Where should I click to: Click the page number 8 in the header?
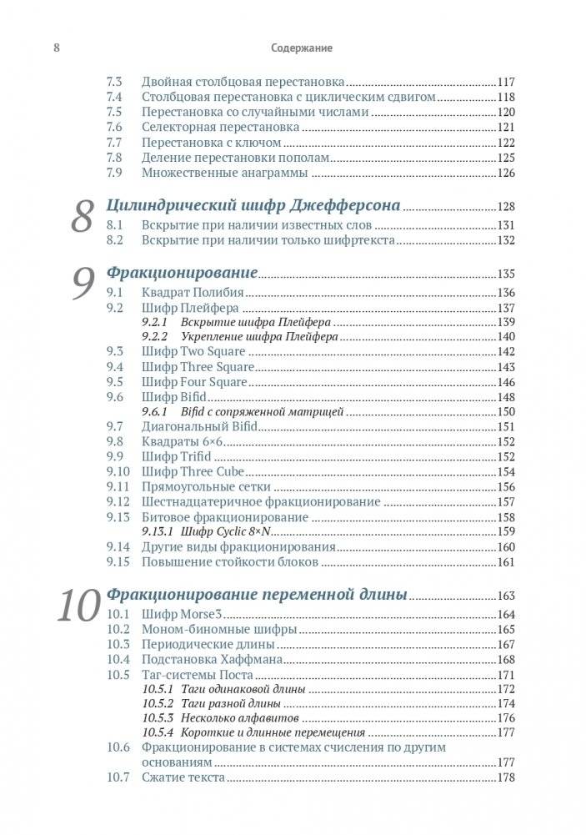tap(56, 48)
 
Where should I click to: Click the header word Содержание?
tap(301, 48)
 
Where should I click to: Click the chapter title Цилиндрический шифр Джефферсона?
tap(254, 205)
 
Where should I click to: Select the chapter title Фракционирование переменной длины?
tap(257, 595)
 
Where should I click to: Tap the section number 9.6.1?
tap(155, 411)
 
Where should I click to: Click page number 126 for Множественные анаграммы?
tap(507, 174)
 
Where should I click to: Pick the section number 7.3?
tap(115, 83)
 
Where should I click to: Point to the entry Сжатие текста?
tap(183, 777)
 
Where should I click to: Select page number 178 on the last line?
tap(507, 777)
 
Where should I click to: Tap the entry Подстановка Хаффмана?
tap(212, 660)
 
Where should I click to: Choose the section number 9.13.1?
tap(158, 531)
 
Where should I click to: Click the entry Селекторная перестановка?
tap(220, 128)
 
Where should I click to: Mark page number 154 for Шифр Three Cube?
tap(507, 472)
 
